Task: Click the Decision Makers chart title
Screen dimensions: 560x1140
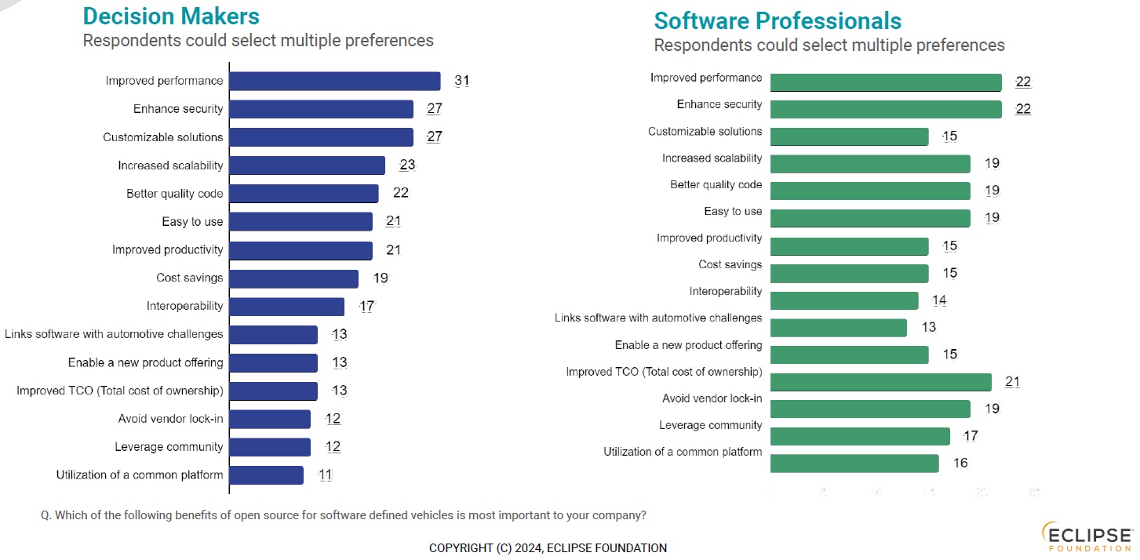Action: pos(171,16)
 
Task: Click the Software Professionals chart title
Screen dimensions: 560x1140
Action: pos(778,20)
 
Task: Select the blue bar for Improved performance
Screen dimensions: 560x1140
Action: pos(334,81)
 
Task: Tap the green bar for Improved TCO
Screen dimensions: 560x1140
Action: pos(880,382)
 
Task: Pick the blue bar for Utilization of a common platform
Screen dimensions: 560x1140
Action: pos(266,475)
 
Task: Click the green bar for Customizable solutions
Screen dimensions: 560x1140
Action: pos(849,136)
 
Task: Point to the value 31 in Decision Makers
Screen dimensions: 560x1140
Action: pos(461,81)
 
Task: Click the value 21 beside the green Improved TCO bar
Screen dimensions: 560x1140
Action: pos(1012,382)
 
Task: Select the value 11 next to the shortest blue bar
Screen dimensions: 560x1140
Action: pos(326,475)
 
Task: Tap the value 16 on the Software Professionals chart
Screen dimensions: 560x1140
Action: pos(960,463)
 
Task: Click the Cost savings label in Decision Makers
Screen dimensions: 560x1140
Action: pos(190,278)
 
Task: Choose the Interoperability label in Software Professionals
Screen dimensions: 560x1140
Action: pos(726,291)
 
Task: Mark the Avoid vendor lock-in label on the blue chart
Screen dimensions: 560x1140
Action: pos(170,418)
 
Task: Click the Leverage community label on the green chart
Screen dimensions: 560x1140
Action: pos(710,425)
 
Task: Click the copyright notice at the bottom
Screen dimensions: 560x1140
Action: pos(548,548)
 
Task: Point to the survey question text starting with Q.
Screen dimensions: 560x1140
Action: pos(344,515)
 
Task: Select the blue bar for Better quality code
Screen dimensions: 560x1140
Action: pos(304,194)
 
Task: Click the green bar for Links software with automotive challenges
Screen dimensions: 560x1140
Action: pos(838,328)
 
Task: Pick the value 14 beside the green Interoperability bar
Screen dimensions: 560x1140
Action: pos(939,300)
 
